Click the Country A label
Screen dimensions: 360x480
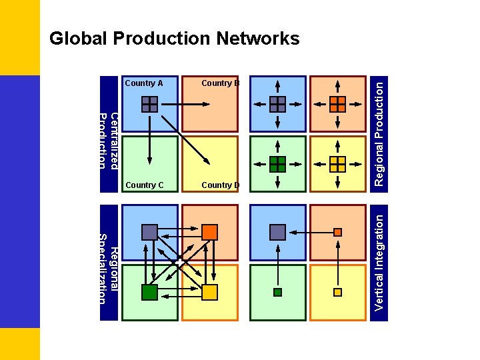coord(144,83)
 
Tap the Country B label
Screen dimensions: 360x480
coord(220,83)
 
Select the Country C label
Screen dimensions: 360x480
coord(144,185)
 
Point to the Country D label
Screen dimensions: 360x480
coord(220,185)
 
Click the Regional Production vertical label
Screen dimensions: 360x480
coord(379,133)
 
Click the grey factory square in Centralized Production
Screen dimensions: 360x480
coord(149,104)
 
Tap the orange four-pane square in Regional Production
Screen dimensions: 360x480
coord(338,104)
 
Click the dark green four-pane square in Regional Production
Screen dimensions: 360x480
coord(277,164)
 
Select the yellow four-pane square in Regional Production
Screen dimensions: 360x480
coord(338,164)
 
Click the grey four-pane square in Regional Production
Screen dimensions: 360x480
coord(277,104)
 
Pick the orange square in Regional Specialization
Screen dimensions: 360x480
coord(209,232)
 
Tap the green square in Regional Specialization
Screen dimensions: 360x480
coord(149,292)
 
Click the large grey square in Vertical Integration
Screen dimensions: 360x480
coord(277,232)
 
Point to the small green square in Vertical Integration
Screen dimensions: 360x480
coord(277,292)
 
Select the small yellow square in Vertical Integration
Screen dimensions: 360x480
coord(338,292)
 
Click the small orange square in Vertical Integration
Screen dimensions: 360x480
coord(338,232)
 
